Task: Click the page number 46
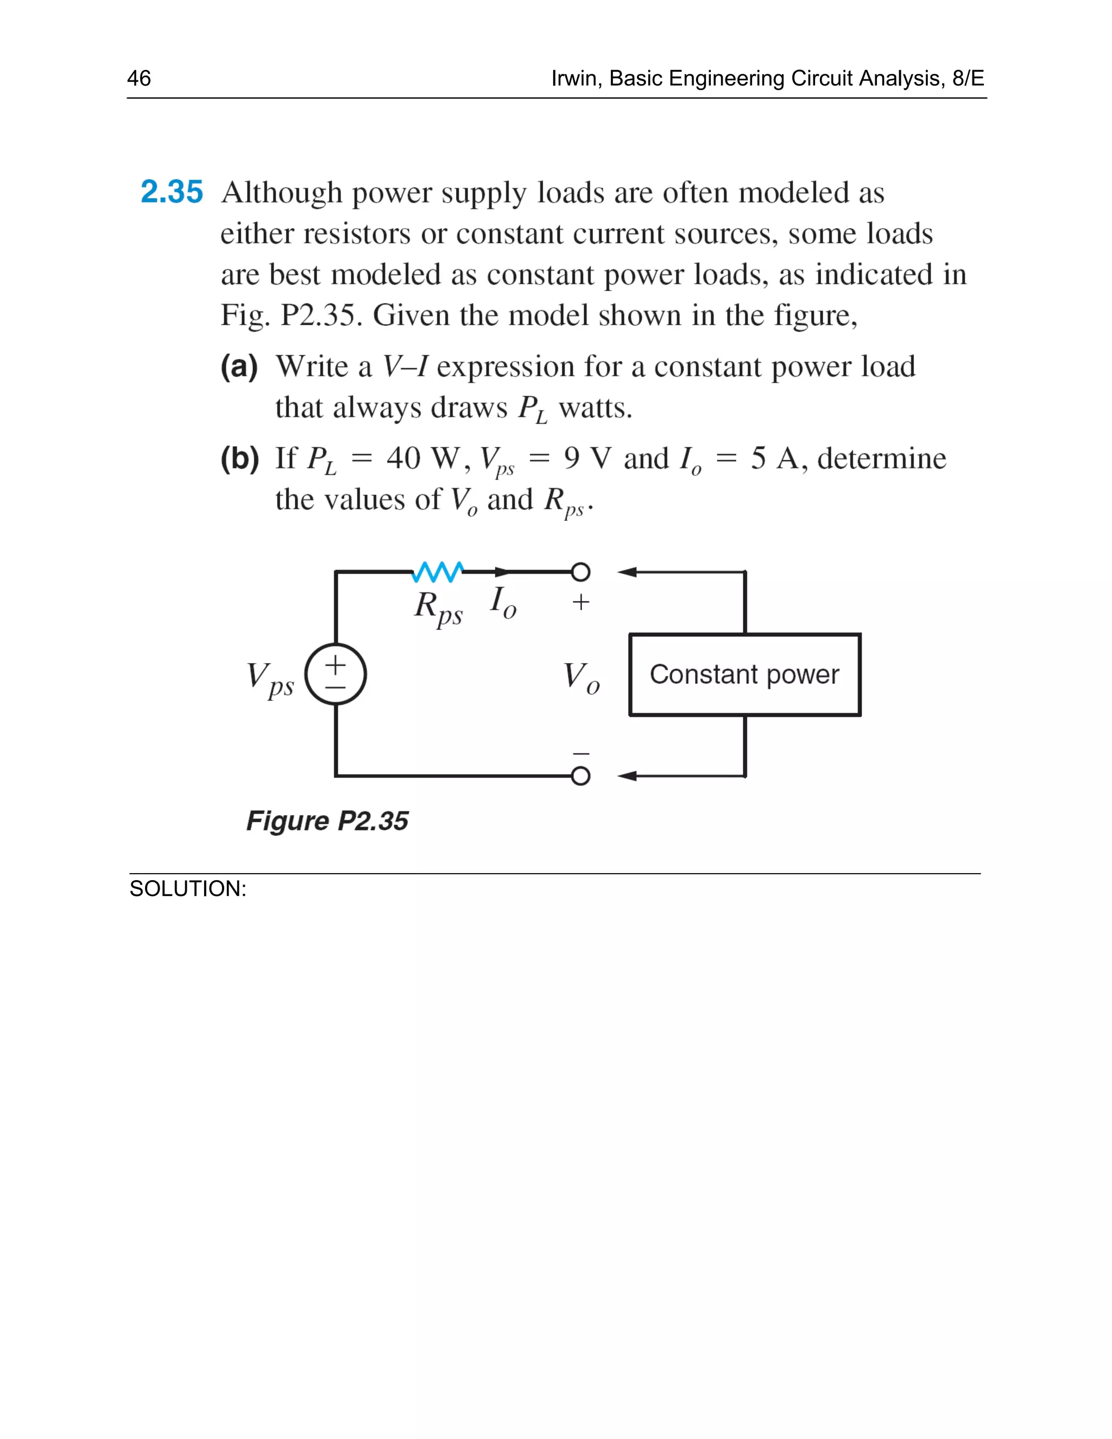point(139,78)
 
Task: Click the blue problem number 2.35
point(171,192)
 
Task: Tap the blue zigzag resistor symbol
point(438,572)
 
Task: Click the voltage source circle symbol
point(336,674)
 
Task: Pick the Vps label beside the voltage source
point(270,679)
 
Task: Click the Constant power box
point(744,674)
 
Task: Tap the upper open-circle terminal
point(580,572)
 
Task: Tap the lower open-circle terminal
point(580,776)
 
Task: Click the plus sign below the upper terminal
point(580,602)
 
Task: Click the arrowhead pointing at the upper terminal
point(627,572)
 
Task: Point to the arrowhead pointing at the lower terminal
point(627,776)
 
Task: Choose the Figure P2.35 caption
point(327,821)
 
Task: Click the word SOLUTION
point(187,889)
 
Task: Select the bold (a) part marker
point(239,367)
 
